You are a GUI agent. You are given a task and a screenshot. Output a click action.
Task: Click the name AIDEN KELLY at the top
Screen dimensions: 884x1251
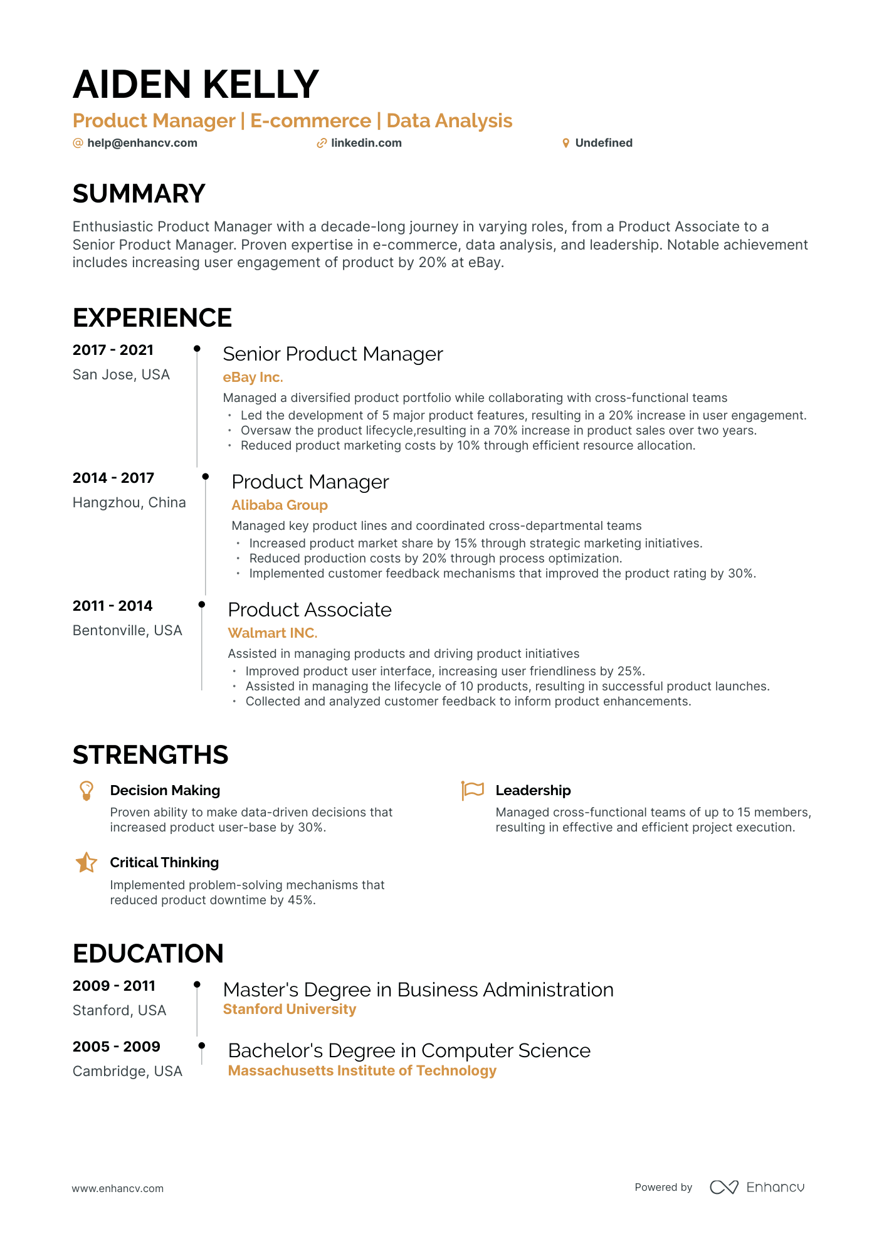(x=196, y=85)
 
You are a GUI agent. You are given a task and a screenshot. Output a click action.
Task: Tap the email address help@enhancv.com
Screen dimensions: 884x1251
(x=142, y=143)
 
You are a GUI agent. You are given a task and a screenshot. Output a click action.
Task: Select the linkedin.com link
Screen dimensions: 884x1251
(x=366, y=143)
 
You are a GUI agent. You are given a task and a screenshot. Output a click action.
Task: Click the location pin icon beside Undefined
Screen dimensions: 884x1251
(x=566, y=143)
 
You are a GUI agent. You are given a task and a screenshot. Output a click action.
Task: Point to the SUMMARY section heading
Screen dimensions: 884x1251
(x=139, y=194)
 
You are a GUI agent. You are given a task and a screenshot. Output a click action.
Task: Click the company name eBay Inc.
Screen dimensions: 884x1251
(x=253, y=377)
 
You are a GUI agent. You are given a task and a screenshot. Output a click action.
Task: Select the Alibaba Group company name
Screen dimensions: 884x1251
(x=280, y=505)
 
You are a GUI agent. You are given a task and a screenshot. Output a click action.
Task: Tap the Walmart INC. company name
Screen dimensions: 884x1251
(x=273, y=633)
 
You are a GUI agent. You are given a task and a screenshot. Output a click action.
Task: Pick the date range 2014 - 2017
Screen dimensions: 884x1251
(x=113, y=478)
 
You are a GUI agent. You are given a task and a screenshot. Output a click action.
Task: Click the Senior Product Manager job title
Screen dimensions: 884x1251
(x=333, y=354)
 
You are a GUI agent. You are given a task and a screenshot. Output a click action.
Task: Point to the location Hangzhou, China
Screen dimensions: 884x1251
(x=129, y=502)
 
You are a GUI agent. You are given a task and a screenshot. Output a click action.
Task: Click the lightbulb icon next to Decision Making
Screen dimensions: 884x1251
(x=87, y=790)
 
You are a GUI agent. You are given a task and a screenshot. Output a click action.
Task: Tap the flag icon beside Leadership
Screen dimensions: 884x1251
(x=473, y=790)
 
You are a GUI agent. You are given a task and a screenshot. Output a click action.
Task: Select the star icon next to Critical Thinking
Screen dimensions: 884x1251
(x=87, y=863)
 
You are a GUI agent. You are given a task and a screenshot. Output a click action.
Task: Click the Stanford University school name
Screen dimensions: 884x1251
(x=290, y=1010)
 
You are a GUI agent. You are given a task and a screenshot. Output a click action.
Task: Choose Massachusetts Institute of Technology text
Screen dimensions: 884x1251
(x=362, y=1071)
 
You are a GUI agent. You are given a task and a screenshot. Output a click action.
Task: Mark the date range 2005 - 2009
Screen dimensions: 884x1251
(x=117, y=1047)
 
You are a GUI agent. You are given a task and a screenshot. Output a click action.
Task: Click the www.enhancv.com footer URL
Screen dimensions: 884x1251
(x=118, y=1188)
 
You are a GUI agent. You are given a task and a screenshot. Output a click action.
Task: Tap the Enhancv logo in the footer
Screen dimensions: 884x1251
(x=757, y=1187)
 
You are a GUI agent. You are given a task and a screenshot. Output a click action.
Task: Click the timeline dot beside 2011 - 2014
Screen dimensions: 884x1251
(x=202, y=604)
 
